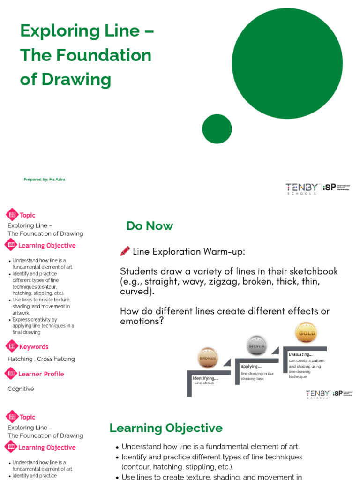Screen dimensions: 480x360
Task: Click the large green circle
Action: pos(287,64)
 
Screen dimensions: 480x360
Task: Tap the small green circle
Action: pos(217,129)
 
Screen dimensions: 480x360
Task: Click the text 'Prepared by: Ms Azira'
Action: pos(44,180)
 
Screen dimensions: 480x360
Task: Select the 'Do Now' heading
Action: pos(150,226)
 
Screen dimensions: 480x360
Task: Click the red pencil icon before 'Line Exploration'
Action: pos(125,252)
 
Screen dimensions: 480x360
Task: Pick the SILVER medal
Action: pos(256,346)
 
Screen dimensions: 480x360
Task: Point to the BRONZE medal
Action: pos(208,358)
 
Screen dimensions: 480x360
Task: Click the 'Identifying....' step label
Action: pos(205,378)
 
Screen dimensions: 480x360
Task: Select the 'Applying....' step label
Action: pos(252,367)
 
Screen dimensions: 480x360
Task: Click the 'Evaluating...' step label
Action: pos(300,354)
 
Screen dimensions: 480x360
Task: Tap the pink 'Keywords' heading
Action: pos(33,347)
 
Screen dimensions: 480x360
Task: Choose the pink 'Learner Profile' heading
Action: pos(41,374)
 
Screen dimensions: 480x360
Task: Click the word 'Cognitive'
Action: pos(21,389)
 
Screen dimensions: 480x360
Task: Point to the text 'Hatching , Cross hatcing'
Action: pos(41,359)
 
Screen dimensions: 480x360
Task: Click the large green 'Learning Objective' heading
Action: pos(166,428)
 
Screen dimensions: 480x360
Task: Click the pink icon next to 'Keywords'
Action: pos(11,346)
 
